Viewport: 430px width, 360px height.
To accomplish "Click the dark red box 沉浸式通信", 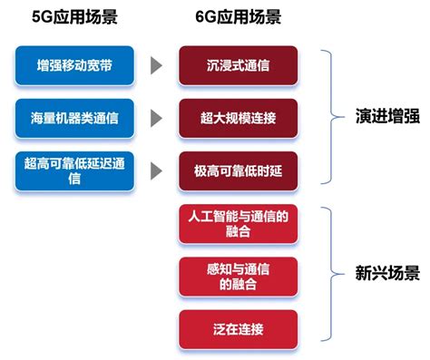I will pyautogui.click(x=237, y=65).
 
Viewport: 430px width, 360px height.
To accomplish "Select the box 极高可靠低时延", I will pyautogui.click(x=237, y=170).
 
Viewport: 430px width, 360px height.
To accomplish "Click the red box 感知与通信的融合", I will pyautogui.click(x=237, y=275).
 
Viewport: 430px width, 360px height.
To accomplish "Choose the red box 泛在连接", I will pyautogui.click(x=237, y=327).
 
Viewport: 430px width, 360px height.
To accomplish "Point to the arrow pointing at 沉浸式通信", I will pyautogui.click(x=157, y=65).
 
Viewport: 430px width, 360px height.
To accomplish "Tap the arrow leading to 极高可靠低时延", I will pyautogui.click(x=157, y=170).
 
